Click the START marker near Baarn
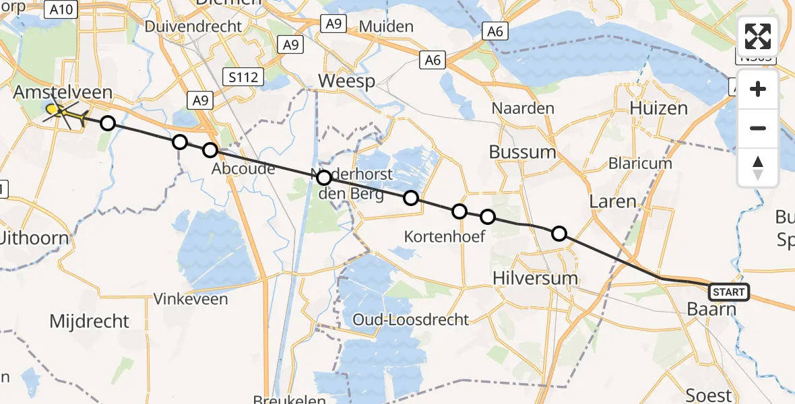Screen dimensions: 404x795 tap(728, 292)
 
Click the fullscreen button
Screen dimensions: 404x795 tap(758, 36)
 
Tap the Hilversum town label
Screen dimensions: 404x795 tap(535, 277)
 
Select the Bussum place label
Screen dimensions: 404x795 tap(523, 151)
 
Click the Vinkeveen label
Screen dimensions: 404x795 tap(191, 298)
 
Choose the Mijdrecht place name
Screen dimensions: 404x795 tap(89, 321)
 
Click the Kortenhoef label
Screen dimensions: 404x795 tap(444, 236)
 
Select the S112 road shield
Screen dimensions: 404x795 tap(243, 77)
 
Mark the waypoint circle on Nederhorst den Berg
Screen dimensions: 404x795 tap(324, 178)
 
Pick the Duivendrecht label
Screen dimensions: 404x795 tap(193, 27)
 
